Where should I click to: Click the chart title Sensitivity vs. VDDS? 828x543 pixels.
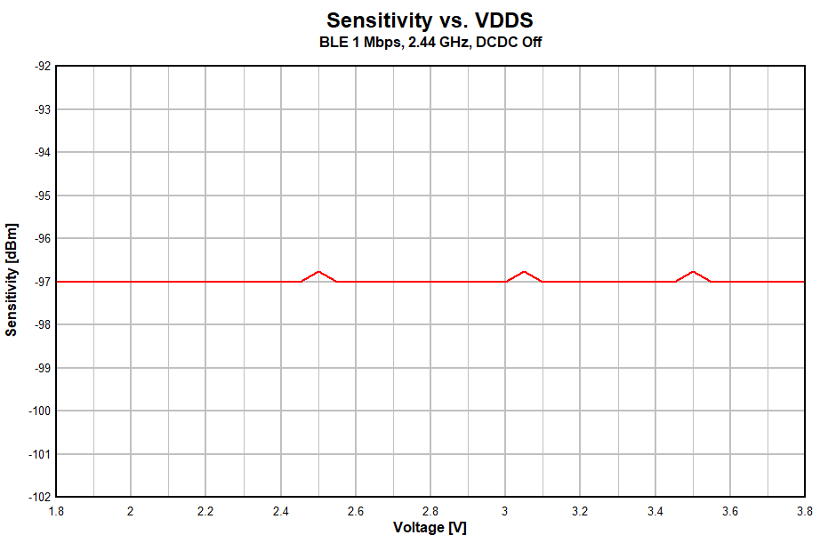click(x=430, y=20)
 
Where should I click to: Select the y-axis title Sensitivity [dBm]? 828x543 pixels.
click(x=12, y=279)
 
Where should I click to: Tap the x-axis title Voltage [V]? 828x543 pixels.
click(x=430, y=527)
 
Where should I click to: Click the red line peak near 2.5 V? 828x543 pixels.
click(x=318, y=271)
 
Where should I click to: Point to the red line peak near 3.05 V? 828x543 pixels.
click(x=525, y=271)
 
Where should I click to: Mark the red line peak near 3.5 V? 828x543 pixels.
click(x=693, y=271)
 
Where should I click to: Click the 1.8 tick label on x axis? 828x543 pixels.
click(x=55, y=511)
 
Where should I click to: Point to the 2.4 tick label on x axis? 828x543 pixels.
click(x=280, y=511)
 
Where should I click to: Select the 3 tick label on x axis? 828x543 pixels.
click(x=505, y=511)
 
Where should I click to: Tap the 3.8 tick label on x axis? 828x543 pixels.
click(x=804, y=511)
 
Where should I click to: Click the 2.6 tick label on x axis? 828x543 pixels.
click(x=355, y=511)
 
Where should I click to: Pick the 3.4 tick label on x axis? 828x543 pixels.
click(x=655, y=511)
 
